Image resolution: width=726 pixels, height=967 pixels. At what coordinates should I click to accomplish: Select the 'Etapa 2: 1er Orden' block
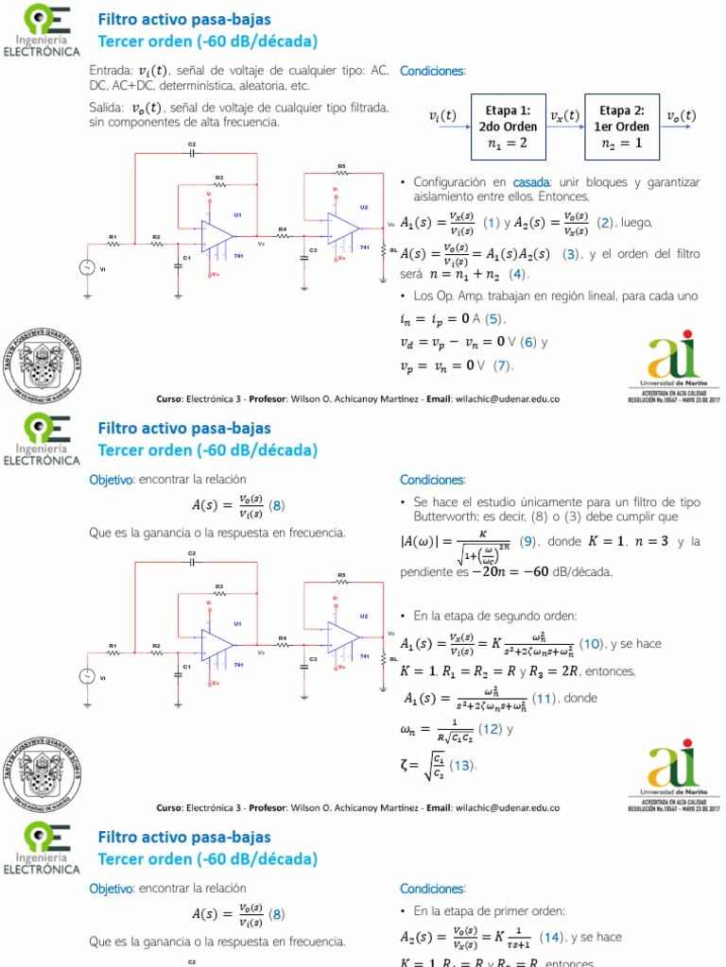tap(622, 127)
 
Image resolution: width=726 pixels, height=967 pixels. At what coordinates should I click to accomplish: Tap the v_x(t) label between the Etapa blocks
tap(565, 116)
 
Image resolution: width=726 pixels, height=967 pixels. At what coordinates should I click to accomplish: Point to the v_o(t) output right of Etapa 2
tap(681, 116)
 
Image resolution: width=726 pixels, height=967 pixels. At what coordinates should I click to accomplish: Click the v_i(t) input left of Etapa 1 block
tap(442, 116)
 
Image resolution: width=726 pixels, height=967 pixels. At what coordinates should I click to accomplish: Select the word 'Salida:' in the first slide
tap(107, 108)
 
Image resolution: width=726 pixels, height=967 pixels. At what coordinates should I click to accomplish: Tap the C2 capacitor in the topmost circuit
tap(191, 154)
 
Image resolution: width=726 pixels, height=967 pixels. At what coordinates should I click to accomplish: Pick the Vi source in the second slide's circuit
tap(91, 676)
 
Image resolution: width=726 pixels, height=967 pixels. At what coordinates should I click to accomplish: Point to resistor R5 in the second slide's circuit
tap(341, 583)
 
